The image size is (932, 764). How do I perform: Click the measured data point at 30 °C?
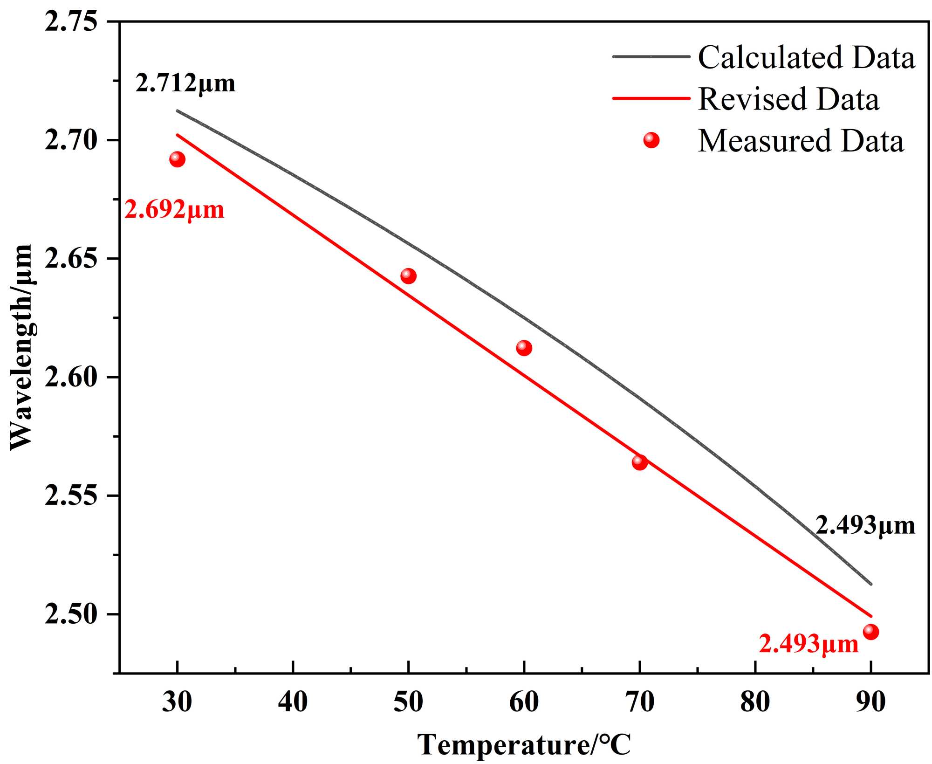point(177,159)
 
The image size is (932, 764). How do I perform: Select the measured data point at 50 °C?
point(408,276)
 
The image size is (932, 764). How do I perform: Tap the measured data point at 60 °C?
point(524,348)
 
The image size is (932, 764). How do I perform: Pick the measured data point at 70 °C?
point(640,462)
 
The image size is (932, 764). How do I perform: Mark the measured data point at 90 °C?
point(871,632)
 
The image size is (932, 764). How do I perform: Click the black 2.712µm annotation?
point(185,83)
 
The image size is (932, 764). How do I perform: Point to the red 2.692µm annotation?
point(174,210)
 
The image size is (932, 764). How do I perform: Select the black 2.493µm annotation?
point(865,525)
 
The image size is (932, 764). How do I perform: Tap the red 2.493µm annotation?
point(809,645)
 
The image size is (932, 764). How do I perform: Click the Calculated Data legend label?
point(806,58)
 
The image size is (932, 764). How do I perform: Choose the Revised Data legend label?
point(788,99)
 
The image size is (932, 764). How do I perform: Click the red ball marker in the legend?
point(651,140)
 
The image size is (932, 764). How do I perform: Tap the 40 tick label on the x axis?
point(293,702)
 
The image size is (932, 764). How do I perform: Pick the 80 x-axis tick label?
point(755,702)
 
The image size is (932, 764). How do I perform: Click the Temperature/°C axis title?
point(524,745)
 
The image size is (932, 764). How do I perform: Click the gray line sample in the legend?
point(651,57)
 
